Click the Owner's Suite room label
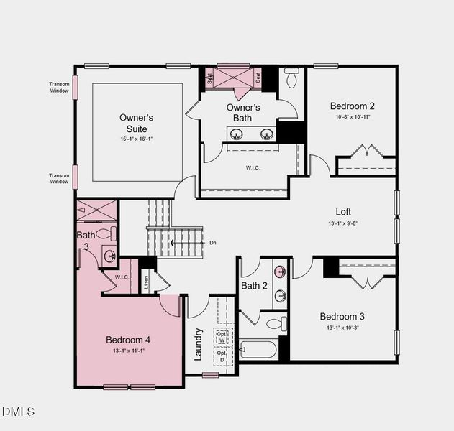(x=136, y=123)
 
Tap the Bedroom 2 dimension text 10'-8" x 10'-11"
(x=352, y=117)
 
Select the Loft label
(x=343, y=212)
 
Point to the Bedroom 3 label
(x=342, y=317)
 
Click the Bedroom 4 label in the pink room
(x=128, y=340)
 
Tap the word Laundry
(x=199, y=344)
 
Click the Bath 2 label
(x=254, y=286)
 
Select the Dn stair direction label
(x=213, y=243)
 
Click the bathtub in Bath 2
(x=258, y=349)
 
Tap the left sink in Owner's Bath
(x=236, y=133)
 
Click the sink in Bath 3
(x=109, y=256)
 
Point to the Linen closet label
(x=146, y=282)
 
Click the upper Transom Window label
(x=59, y=88)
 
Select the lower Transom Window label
(x=59, y=178)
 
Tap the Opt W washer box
(x=222, y=338)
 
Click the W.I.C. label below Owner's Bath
(x=252, y=168)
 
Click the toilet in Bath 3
(x=105, y=233)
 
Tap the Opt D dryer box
(x=222, y=355)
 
